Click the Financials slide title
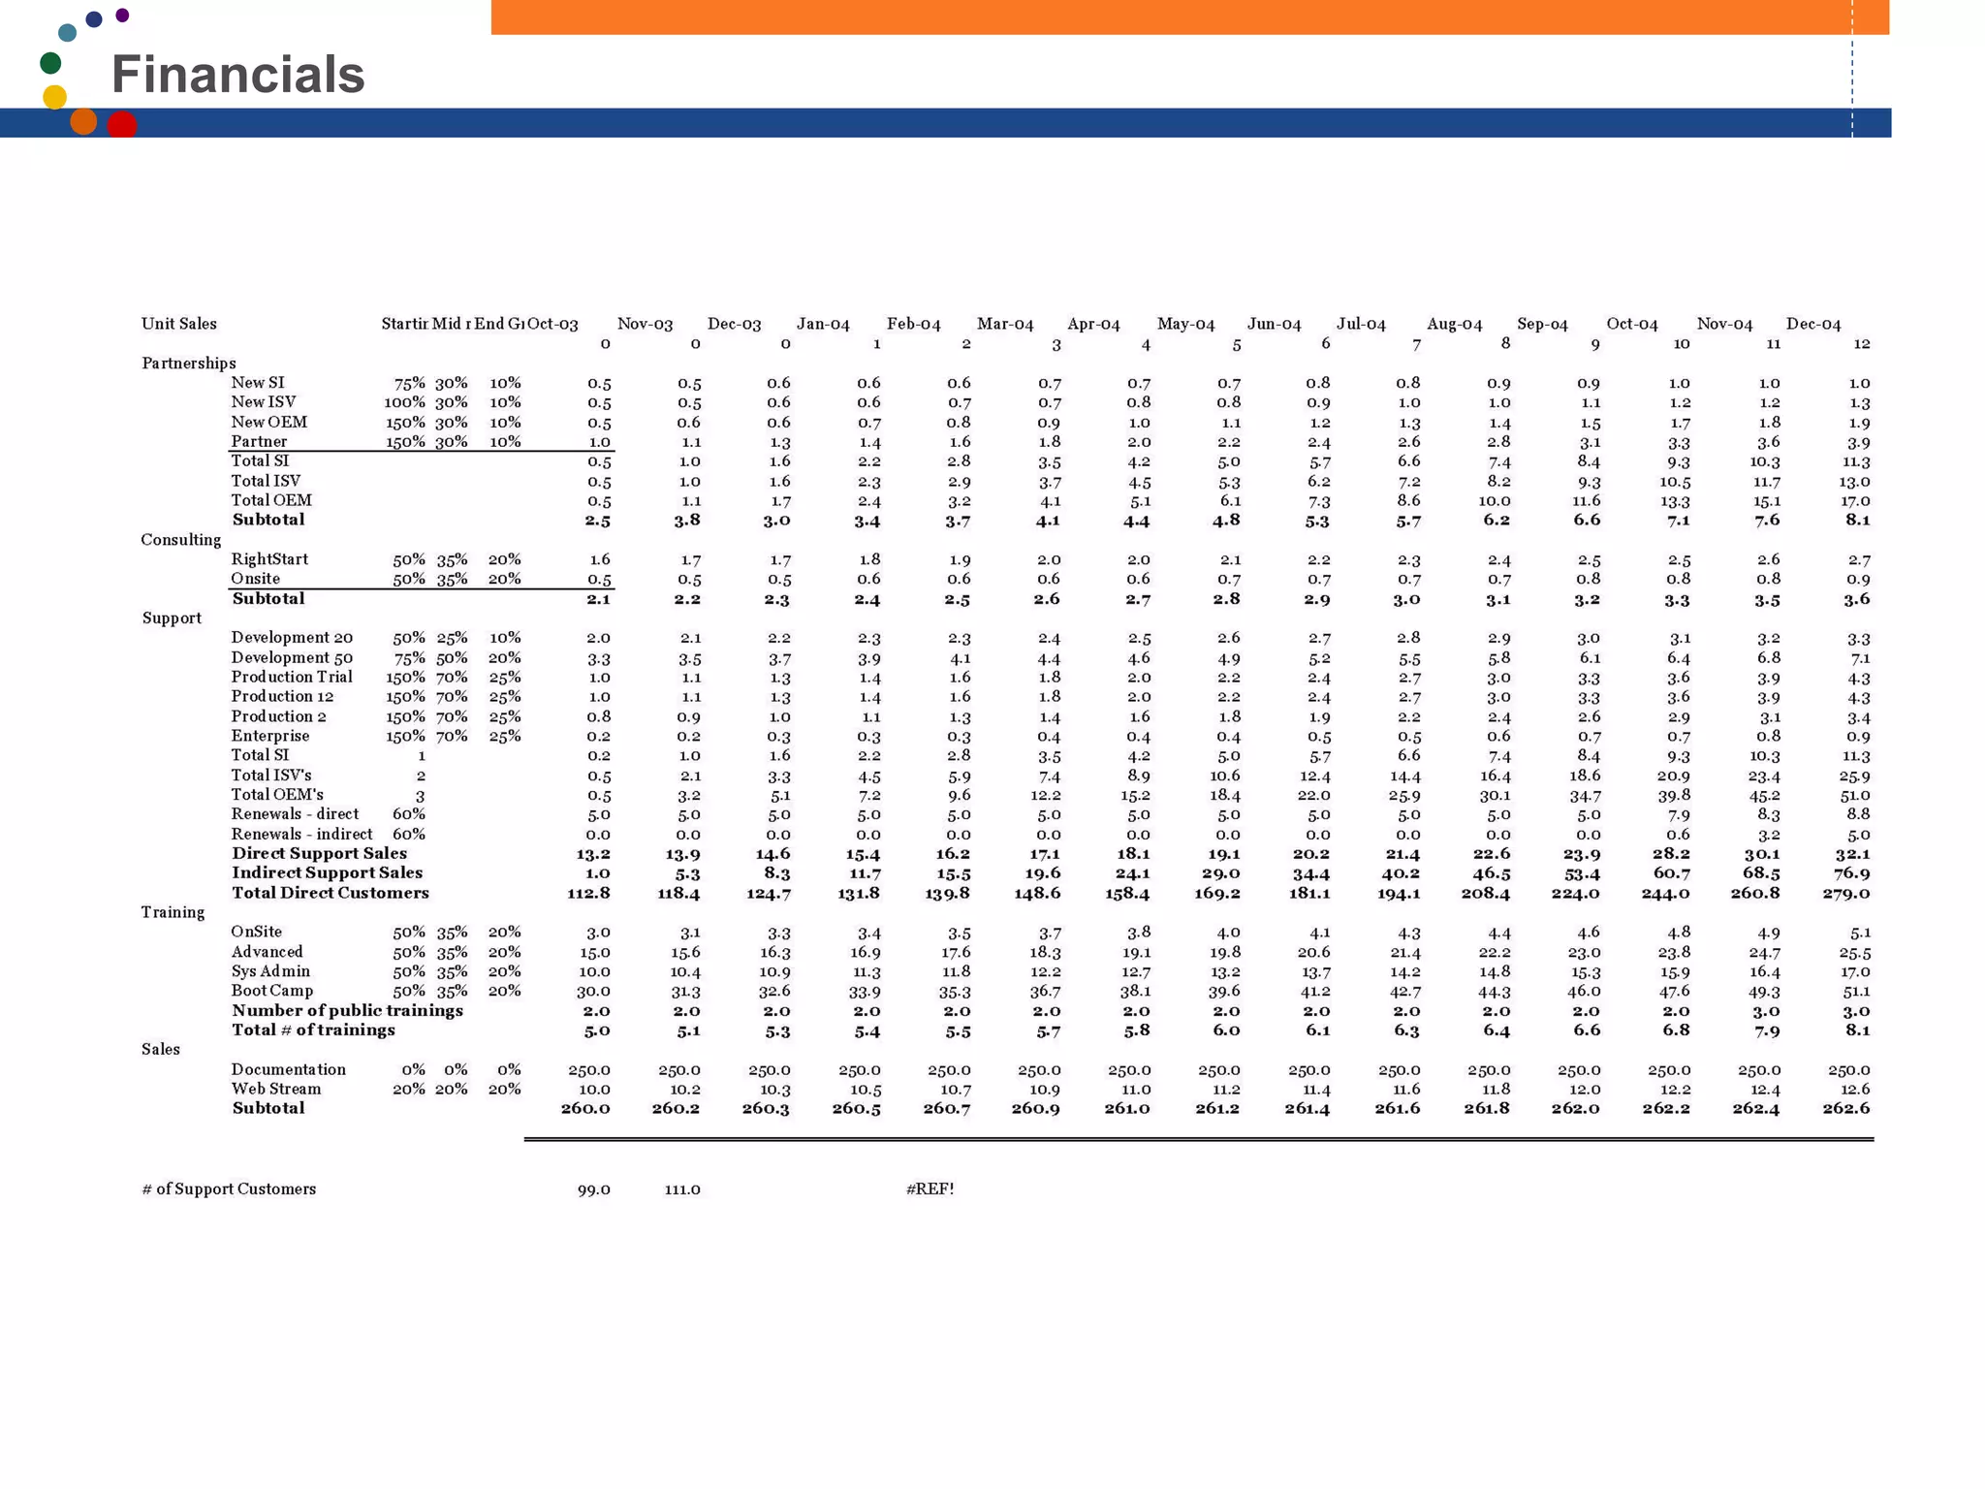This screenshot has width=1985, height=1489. click(237, 75)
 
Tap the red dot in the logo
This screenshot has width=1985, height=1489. click(122, 125)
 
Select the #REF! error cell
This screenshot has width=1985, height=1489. click(929, 1188)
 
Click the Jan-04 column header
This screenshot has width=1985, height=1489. click(823, 324)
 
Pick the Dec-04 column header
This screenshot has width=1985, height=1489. click(1812, 324)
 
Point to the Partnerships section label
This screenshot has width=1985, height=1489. click(189, 364)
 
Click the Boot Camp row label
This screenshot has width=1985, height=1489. click(272, 991)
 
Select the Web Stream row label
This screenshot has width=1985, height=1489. click(276, 1089)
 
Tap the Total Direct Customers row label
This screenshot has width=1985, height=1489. click(330, 893)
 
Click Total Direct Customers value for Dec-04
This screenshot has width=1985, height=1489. click(1845, 893)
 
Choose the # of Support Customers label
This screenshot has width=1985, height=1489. click(229, 1188)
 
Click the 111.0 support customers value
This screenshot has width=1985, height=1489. click(682, 1189)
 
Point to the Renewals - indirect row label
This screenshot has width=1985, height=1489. click(301, 834)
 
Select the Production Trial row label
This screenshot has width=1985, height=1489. click(292, 677)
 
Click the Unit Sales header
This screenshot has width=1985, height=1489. click(179, 324)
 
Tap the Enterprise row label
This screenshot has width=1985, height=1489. click(270, 736)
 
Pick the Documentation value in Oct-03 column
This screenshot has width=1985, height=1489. click(588, 1070)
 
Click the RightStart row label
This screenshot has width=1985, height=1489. click(269, 559)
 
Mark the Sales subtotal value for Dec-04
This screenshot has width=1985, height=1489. click(1845, 1108)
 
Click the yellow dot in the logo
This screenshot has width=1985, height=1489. click(55, 97)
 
